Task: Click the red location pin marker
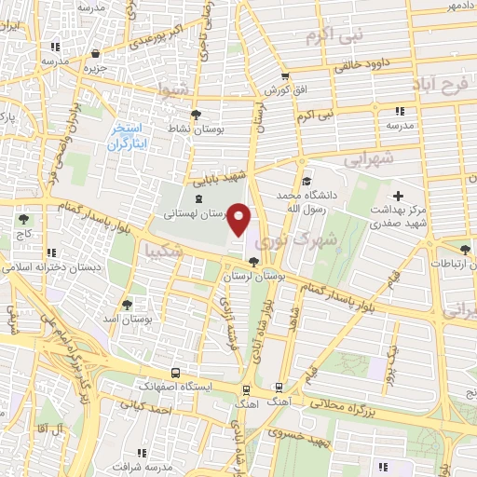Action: click(239, 219)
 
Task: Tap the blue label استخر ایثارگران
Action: click(129, 136)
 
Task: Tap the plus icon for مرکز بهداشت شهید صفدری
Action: click(399, 197)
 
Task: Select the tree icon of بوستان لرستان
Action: click(253, 262)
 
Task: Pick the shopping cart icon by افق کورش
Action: click(284, 77)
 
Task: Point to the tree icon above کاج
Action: click(22, 220)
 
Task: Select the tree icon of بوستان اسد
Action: click(127, 304)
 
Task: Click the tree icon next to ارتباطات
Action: click(465, 248)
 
